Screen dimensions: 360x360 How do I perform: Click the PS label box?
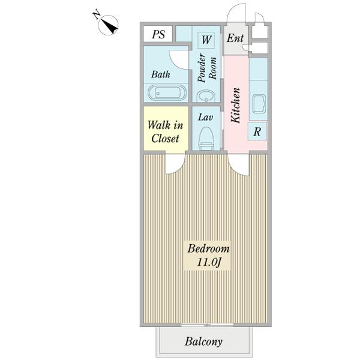(158, 34)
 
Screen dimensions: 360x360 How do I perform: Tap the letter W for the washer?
(206, 40)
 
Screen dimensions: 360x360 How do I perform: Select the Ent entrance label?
(235, 38)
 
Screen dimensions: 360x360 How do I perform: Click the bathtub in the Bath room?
(167, 93)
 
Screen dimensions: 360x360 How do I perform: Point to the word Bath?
(161, 74)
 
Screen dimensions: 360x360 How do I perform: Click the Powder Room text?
(207, 68)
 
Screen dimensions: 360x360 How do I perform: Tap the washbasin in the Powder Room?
(206, 96)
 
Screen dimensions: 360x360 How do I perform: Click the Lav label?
(205, 117)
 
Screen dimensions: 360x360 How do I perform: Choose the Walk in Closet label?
(166, 132)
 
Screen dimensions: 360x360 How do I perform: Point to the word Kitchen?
(236, 105)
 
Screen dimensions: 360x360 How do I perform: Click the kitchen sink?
(259, 104)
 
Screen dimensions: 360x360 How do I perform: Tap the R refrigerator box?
(257, 131)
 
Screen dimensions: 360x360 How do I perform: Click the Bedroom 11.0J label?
(208, 256)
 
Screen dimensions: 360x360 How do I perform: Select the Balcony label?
(203, 341)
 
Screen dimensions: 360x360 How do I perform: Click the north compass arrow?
(109, 26)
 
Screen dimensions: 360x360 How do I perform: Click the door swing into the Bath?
(179, 59)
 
